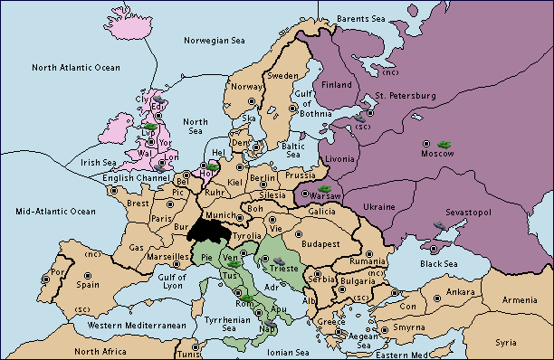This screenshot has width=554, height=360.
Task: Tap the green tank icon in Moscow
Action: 444,144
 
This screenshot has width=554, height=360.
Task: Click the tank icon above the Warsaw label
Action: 324,188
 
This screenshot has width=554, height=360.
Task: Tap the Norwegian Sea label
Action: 215,40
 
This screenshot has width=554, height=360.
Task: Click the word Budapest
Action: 320,243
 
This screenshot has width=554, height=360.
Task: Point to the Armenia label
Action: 520,299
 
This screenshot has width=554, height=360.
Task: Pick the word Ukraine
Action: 378,207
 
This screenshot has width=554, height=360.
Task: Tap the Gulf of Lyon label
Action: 173,280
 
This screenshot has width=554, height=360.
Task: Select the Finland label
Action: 338,85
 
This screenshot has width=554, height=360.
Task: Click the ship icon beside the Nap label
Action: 270,323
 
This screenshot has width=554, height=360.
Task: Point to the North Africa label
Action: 101,351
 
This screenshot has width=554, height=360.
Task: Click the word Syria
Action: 506,342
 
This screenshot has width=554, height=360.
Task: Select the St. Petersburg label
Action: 405,95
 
